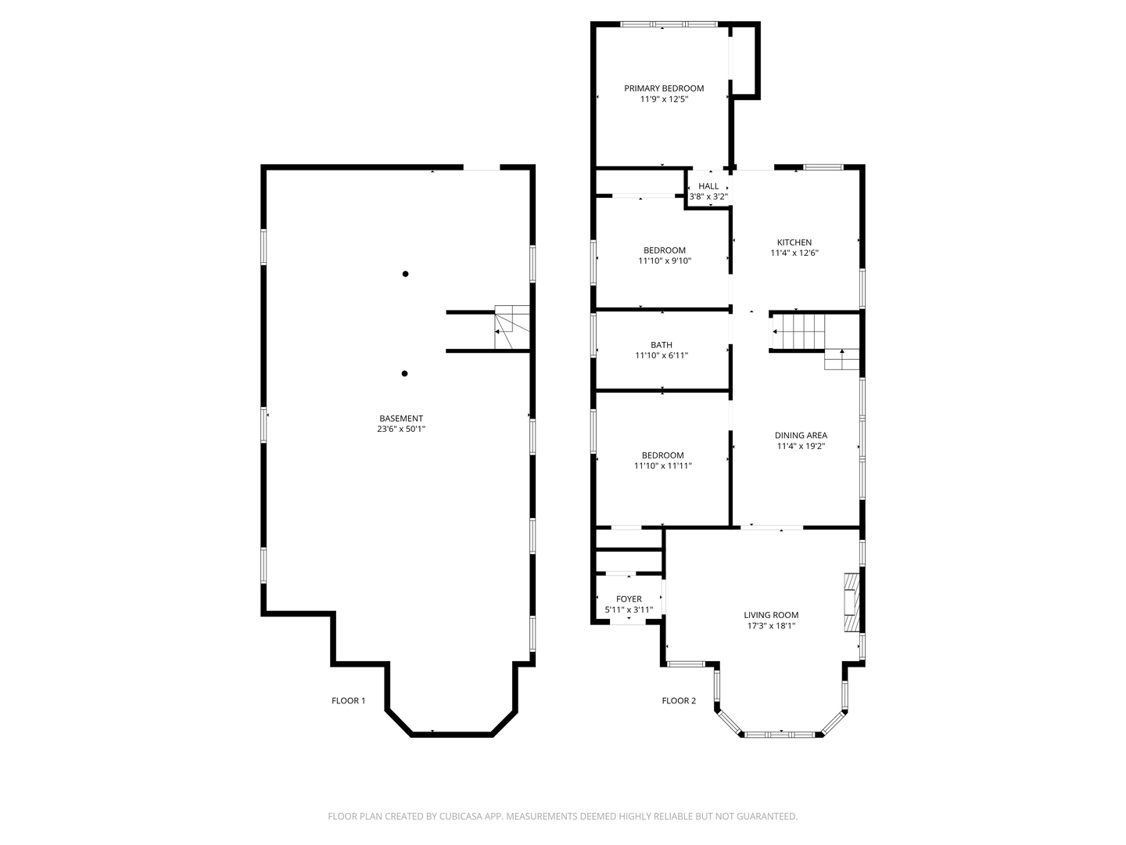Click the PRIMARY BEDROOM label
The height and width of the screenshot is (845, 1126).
click(x=664, y=88)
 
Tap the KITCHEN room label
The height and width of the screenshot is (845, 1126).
click(x=794, y=243)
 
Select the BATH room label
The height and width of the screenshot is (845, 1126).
click(x=662, y=345)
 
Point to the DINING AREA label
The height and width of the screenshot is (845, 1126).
click(x=801, y=436)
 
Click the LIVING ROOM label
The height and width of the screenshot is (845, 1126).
click(x=771, y=615)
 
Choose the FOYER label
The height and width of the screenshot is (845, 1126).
click(x=629, y=599)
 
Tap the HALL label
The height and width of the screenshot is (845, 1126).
click(x=708, y=186)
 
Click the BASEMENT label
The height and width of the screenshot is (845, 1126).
click(x=401, y=419)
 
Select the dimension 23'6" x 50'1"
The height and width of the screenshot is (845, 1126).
click(x=401, y=429)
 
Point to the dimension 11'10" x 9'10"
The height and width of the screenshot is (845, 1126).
click(x=665, y=261)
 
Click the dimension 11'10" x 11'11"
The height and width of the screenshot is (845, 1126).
click(x=663, y=466)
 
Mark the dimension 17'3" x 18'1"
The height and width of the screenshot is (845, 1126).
click(x=770, y=626)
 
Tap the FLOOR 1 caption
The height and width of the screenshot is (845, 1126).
click(x=348, y=701)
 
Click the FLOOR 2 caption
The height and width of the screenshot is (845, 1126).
click(x=679, y=701)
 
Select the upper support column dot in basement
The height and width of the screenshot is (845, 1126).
click(x=405, y=274)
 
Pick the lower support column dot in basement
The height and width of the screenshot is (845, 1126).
click(x=404, y=374)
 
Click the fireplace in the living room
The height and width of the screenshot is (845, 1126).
click(x=851, y=602)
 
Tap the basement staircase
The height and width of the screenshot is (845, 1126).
click(x=511, y=328)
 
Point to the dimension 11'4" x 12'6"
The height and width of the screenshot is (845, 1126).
click(x=794, y=253)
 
